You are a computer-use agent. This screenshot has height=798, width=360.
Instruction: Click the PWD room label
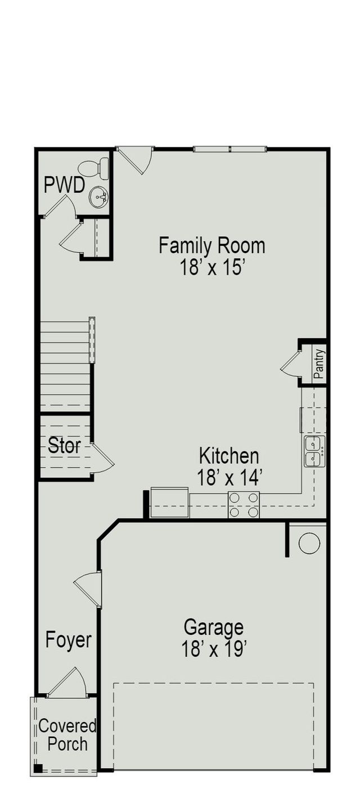click(x=64, y=185)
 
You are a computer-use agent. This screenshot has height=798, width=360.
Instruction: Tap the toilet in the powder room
click(x=94, y=168)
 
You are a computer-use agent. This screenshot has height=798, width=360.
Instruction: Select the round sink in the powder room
click(x=99, y=197)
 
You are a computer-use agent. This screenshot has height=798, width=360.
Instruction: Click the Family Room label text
click(x=211, y=246)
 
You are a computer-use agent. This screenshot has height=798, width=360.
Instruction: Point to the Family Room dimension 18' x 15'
click(x=211, y=267)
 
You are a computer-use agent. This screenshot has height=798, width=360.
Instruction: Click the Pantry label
click(x=319, y=364)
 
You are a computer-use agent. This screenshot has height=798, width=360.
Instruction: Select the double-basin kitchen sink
click(x=314, y=451)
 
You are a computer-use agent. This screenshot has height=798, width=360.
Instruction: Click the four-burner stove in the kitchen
click(x=244, y=504)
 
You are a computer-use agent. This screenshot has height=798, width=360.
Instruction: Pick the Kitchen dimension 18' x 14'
click(x=229, y=478)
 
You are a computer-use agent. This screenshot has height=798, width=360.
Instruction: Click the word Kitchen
click(x=229, y=456)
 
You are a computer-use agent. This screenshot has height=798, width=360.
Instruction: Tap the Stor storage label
click(x=64, y=447)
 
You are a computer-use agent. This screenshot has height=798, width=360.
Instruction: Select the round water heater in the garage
click(x=309, y=543)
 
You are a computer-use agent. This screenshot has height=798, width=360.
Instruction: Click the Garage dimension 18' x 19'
click(x=214, y=649)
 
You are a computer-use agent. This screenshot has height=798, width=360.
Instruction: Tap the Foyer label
click(x=68, y=640)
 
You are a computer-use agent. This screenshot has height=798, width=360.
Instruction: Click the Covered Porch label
click(x=67, y=735)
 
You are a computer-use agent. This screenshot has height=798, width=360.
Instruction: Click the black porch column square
click(x=38, y=768)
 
